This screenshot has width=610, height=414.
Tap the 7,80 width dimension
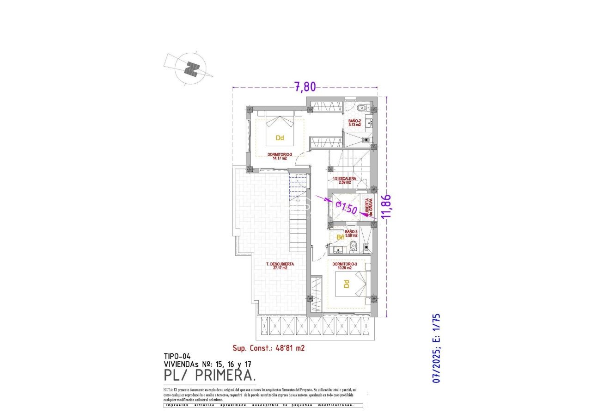click(x=305, y=86)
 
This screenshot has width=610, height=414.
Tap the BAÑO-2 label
click(x=354, y=123)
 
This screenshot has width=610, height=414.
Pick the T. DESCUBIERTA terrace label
click(x=280, y=266)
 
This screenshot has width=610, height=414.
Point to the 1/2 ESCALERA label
click(x=345, y=180)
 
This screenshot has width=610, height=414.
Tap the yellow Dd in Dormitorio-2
click(x=279, y=138)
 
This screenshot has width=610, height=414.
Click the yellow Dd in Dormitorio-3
click(x=347, y=284)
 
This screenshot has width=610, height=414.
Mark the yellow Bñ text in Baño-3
click(x=341, y=237)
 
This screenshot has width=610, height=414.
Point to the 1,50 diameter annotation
click(x=347, y=208)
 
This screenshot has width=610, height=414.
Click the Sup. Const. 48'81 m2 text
click(x=268, y=348)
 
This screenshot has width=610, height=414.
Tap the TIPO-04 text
click(x=178, y=356)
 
